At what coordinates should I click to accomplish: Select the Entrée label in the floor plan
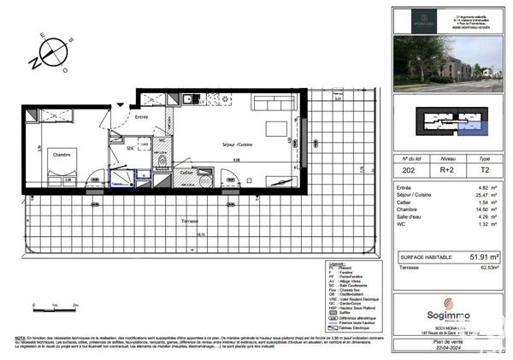point(142,117)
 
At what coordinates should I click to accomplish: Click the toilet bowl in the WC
point(162,160)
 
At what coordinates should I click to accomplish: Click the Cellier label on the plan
point(187,172)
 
